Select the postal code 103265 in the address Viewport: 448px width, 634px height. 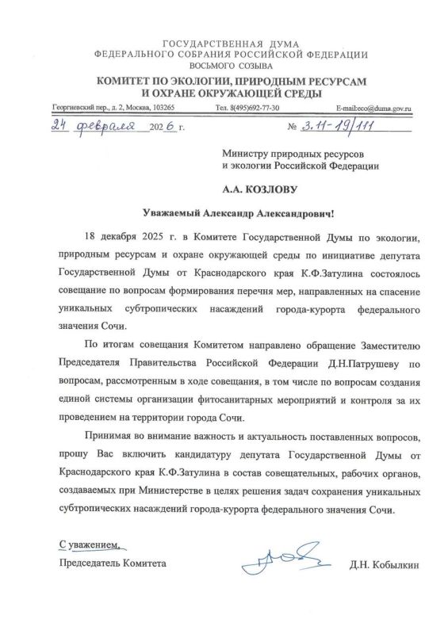pyautogui.click(x=161, y=107)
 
